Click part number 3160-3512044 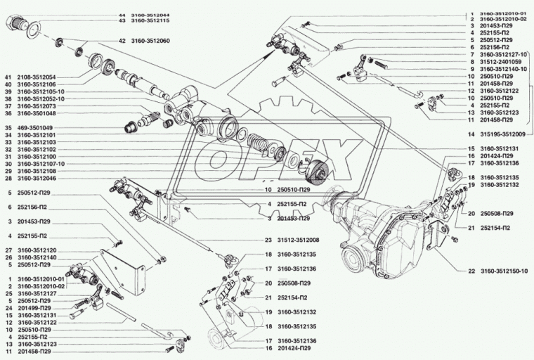pyautogui.click(x=151, y=15)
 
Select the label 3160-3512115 pyautogui.click(x=151, y=22)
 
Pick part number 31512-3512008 pyautogui.click(x=302, y=239)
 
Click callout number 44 pyautogui.click(x=121, y=15)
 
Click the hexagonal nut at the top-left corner pyautogui.click(x=17, y=25)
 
